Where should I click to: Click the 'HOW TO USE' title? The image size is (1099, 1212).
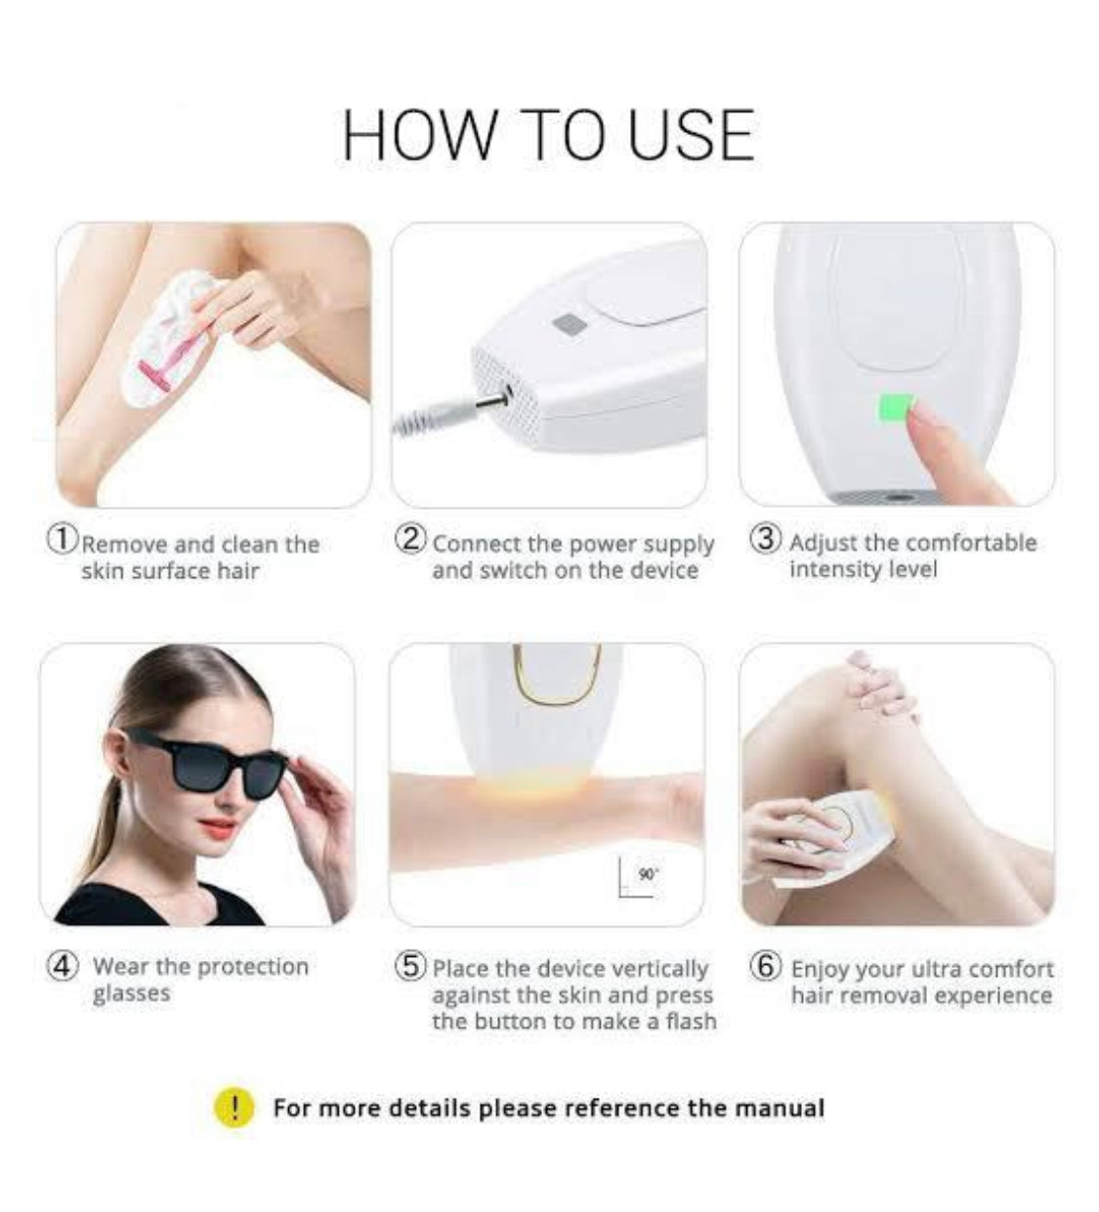point(548,136)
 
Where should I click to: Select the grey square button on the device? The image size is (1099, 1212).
point(571,324)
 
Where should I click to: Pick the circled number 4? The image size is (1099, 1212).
point(63,965)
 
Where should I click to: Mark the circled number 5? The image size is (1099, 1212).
point(411,966)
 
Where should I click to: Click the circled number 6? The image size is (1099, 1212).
point(765,965)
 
